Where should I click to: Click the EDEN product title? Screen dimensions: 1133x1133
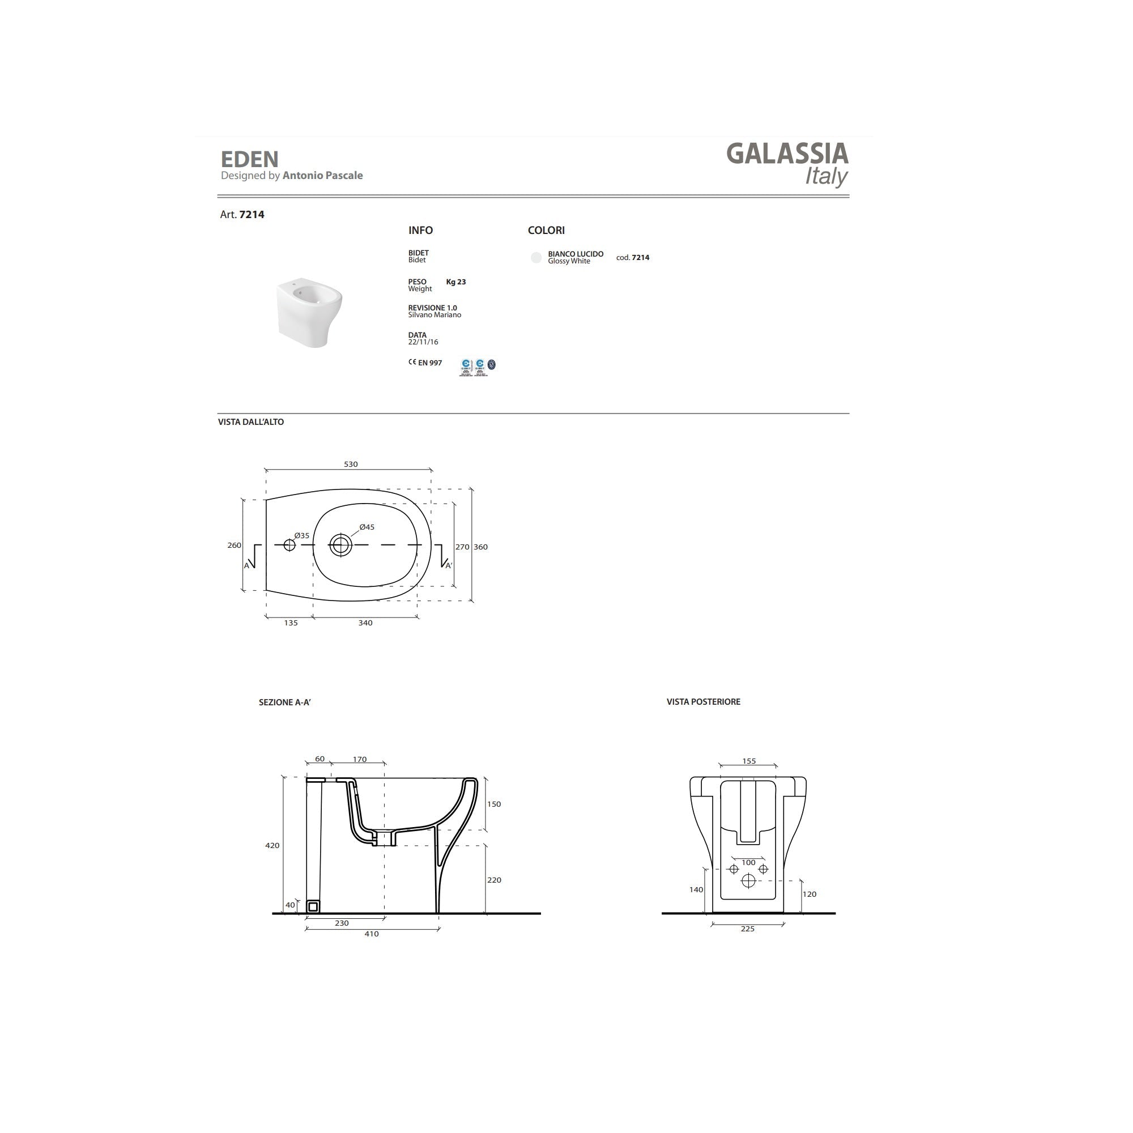[249, 160]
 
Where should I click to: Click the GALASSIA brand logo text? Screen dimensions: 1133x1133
[787, 154]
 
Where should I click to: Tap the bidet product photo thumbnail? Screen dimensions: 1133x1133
[309, 313]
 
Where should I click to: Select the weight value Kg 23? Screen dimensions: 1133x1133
[455, 282]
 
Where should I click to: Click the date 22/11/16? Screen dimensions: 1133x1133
[423, 343]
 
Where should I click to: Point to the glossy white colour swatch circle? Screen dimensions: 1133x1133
[536, 257]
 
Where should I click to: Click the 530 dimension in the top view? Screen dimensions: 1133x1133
[351, 465]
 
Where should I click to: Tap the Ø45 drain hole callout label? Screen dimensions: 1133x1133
[367, 527]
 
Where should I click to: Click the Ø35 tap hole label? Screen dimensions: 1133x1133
[301, 535]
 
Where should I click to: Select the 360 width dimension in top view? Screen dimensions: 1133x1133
[480, 547]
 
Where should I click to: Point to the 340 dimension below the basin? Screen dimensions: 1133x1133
[365, 623]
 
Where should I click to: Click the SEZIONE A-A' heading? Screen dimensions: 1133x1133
[284, 702]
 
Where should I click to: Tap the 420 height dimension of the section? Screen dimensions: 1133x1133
[272, 846]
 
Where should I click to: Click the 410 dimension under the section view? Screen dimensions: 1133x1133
[371, 934]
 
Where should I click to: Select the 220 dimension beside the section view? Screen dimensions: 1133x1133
[495, 880]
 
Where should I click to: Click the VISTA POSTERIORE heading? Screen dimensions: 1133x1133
[703, 702]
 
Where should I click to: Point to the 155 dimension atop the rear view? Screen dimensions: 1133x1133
[749, 761]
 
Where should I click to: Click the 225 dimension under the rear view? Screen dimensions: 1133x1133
[747, 929]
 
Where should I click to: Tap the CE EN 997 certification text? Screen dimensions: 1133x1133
[425, 363]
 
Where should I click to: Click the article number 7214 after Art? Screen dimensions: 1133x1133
[252, 215]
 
